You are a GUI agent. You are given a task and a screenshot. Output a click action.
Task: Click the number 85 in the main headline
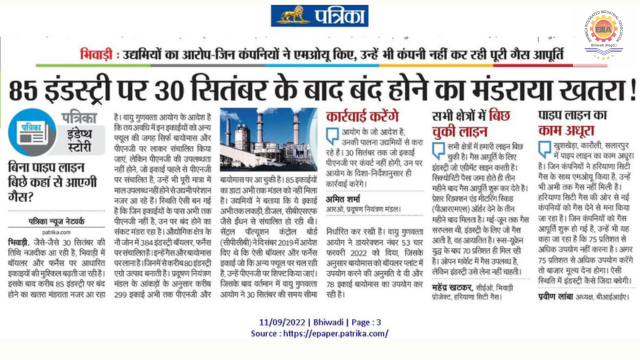(x=27, y=93)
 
